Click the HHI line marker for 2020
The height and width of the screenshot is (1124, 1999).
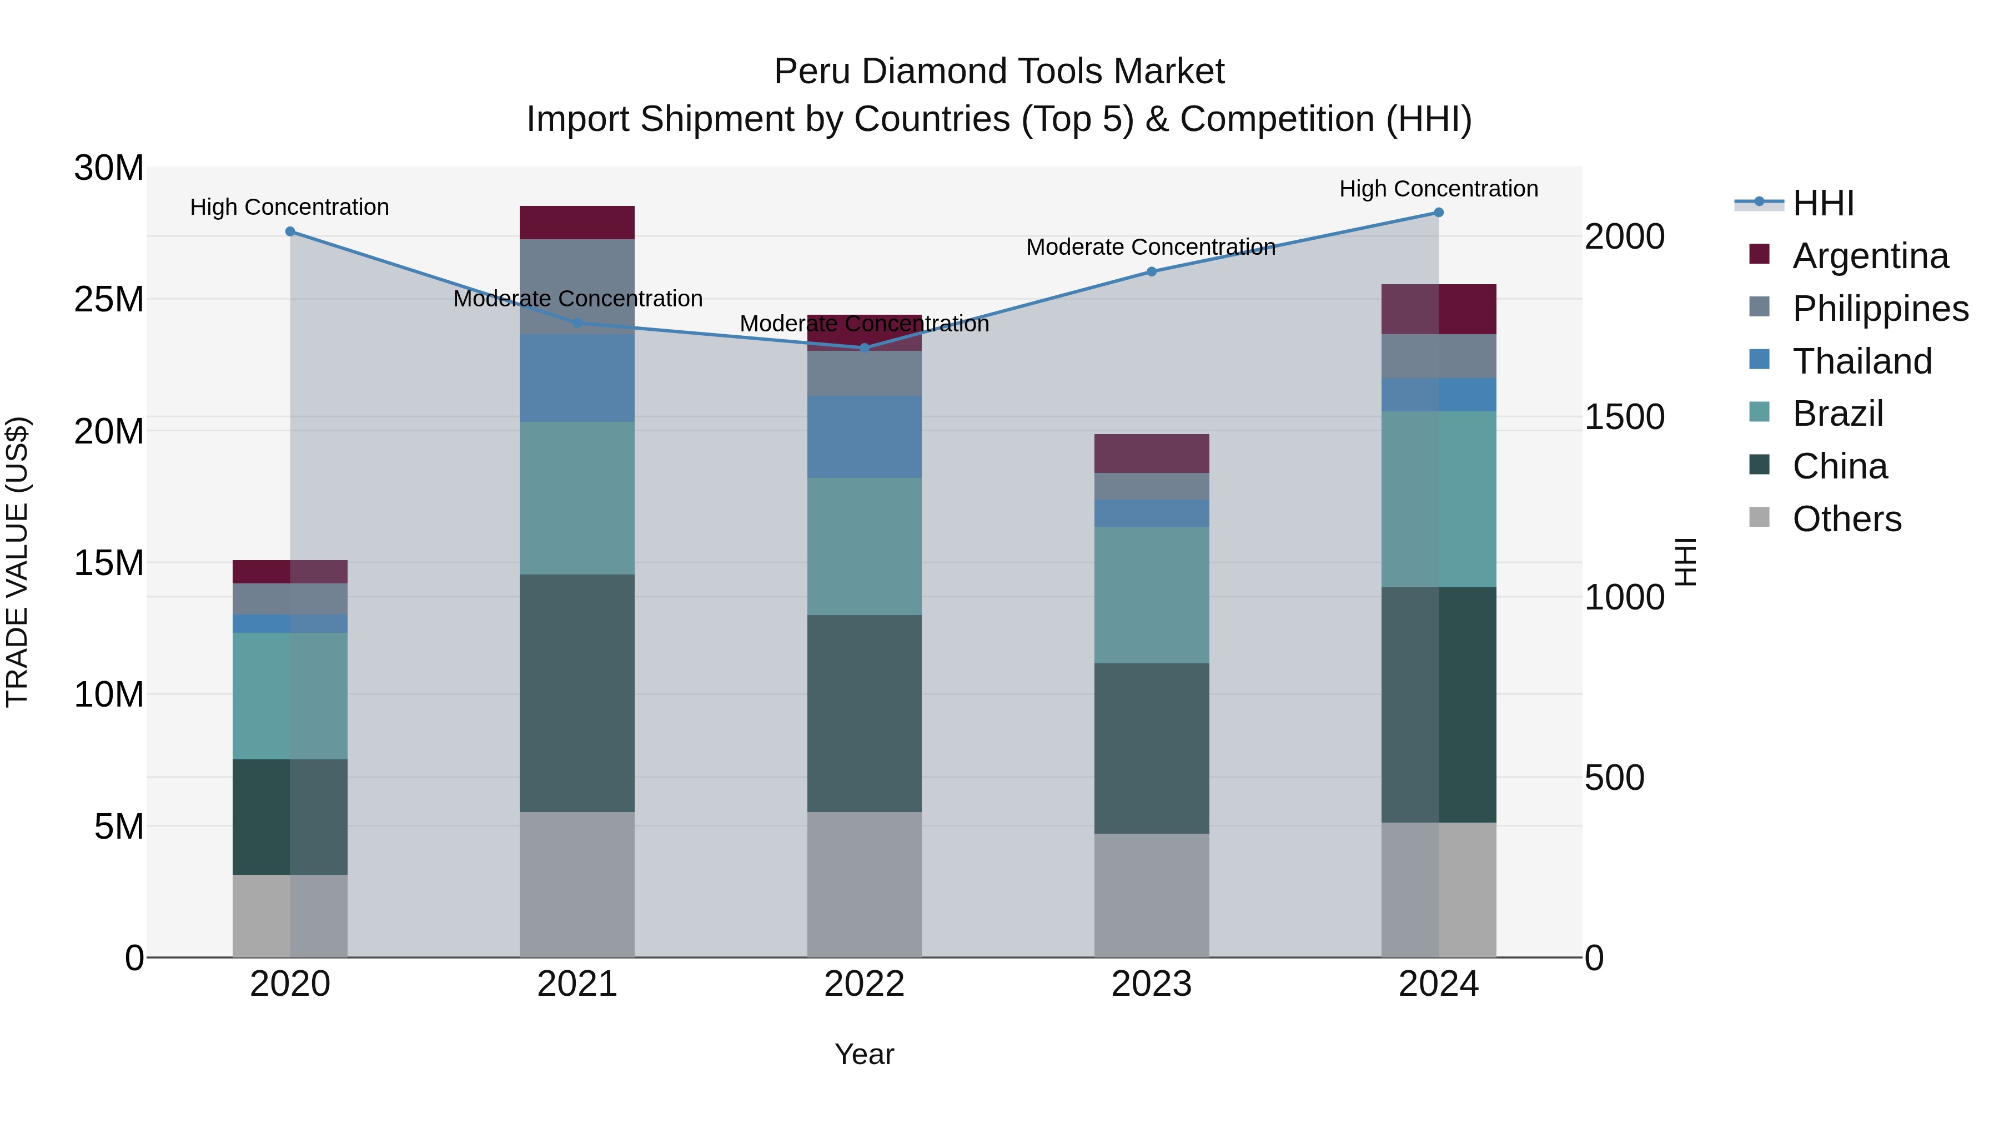[x=290, y=231]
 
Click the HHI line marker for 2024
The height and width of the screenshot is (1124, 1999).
[x=1438, y=213]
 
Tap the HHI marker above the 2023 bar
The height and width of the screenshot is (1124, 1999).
[x=1152, y=271]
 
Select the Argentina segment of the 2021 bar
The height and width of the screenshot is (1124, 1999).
[x=576, y=223]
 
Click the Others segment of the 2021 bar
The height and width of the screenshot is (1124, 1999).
[x=576, y=884]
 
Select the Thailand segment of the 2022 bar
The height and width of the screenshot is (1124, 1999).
[x=865, y=437]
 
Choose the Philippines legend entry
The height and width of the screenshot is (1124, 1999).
[x=1880, y=309]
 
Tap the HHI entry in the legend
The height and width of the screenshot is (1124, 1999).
[x=1822, y=203]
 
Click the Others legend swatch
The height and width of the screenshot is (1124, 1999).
[x=1759, y=517]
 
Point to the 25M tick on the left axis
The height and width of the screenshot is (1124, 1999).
[x=109, y=299]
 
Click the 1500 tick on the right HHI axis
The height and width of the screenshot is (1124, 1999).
[x=1624, y=417]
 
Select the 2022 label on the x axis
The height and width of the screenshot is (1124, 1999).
[x=865, y=984]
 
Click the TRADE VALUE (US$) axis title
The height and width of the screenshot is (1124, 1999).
[x=17, y=562]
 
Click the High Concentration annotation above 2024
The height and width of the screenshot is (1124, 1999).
[x=1438, y=189]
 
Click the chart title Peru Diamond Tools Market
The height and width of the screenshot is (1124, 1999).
[x=999, y=72]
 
